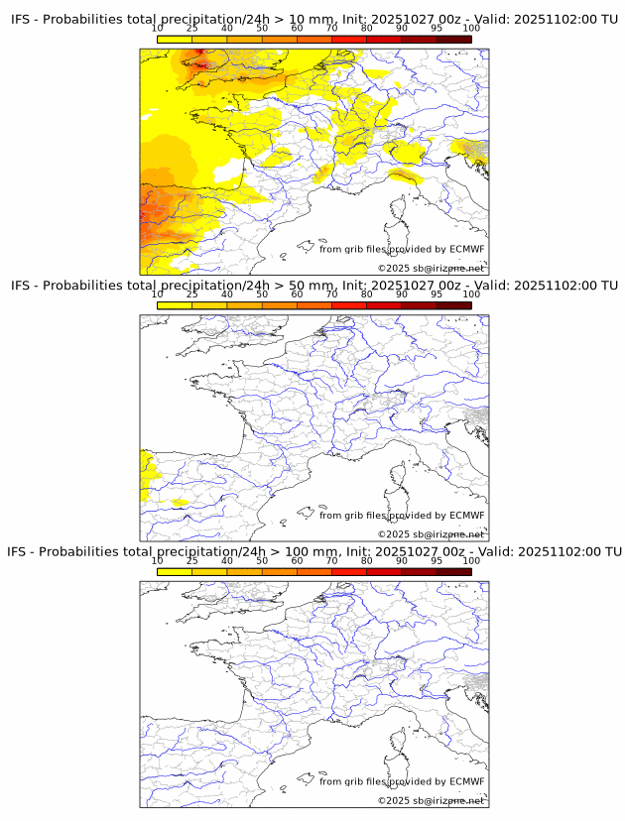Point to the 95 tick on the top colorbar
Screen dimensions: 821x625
437,28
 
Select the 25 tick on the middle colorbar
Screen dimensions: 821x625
192,294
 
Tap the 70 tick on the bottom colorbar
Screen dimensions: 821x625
332,560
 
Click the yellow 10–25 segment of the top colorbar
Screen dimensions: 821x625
175,39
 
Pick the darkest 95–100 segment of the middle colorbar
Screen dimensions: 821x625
454,304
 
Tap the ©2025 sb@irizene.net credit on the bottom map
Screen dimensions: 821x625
431,800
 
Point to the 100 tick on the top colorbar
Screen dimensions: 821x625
471,28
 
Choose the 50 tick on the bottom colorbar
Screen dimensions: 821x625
262,560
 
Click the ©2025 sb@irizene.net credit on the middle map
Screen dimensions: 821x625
431,534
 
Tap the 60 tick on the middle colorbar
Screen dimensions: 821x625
297,294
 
